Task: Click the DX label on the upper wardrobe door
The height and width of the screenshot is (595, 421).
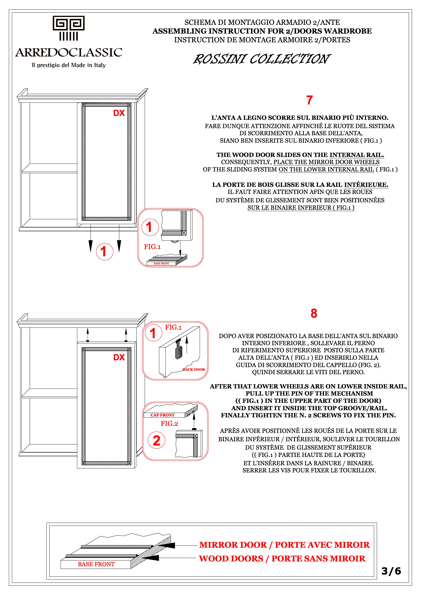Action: [x=119, y=113]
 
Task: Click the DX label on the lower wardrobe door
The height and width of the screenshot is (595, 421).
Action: [x=119, y=357]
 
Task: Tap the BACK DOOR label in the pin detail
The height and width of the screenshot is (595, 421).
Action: [x=194, y=369]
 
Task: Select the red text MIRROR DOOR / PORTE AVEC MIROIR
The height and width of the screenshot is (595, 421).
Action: [x=284, y=545]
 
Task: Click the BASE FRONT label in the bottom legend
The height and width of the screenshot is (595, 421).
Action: [x=96, y=564]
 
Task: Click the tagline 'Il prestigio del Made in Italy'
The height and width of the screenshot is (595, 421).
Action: [x=69, y=65]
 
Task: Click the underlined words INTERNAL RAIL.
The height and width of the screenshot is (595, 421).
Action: [x=357, y=155]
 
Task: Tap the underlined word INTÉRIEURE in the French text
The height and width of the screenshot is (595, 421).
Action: [x=366, y=185]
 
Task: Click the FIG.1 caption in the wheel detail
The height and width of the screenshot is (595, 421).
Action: [x=152, y=247]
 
